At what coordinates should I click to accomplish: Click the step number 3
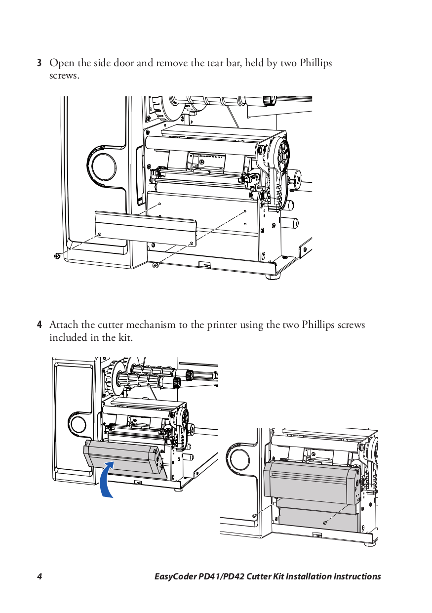tap(39, 64)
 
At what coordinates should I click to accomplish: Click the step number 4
tap(39, 325)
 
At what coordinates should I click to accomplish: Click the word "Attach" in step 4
tap(63, 325)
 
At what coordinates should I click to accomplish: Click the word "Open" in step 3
tap(61, 64)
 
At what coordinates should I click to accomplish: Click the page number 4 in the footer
tap(39, 576)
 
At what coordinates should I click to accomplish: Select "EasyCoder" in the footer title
tap(175, 576)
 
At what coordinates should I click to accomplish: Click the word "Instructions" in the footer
tap(357, 576)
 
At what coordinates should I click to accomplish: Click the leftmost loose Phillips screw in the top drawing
tap(57, 255)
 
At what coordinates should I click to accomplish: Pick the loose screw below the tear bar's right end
tap(156, 265)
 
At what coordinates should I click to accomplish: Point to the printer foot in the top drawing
tap(271, 277)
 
